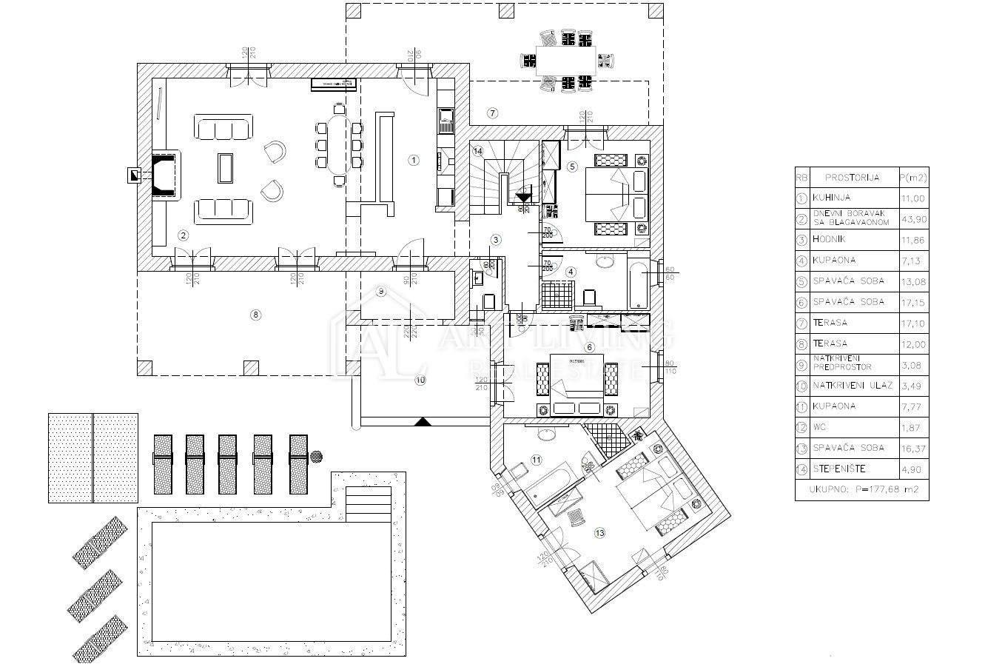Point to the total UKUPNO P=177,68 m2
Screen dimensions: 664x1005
(x=861, y=489)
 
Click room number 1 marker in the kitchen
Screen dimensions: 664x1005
(x=414, y=159)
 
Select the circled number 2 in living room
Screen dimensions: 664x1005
(x=184, y=235)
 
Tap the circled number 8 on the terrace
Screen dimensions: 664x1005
(x=256, y=315)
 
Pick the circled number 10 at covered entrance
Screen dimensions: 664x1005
(x=420, y=380)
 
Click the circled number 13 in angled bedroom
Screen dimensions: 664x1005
(x=599, y=531)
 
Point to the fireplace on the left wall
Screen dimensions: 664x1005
(x=165, y=175)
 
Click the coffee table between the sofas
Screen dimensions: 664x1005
(x=224, y=168)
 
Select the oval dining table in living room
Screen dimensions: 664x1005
(x=339, y=142)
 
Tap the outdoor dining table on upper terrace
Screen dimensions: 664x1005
(x=565, y=58)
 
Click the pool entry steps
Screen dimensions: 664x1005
(x=369, y=503)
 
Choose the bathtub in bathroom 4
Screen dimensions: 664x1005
(x=638, y=283)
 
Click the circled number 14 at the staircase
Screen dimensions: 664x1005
(x=478, y=151)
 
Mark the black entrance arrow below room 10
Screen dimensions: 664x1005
(x=422, y=421)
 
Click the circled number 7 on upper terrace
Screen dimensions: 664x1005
(x=492, y=113)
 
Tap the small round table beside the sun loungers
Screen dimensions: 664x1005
(x=317, y=457)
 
